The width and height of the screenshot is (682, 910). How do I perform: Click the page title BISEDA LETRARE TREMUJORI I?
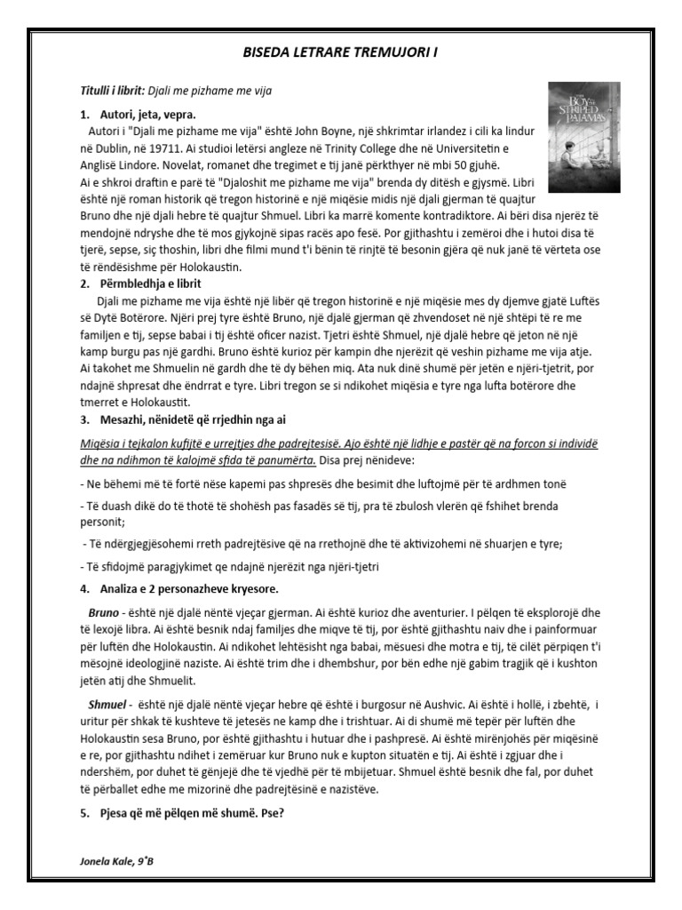pyautogui.click(x=340, y=53)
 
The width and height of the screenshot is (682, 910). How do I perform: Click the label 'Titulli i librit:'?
pyautogui.click(x=112, y=92)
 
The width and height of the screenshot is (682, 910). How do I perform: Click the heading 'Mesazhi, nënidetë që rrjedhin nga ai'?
pyautogui.click(x=197, y=419)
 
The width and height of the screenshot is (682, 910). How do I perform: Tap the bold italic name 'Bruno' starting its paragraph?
pyautogui.click(x=103, y=613)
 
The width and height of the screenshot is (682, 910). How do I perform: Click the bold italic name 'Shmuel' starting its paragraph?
pyautogui.click(x=107, y=705)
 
